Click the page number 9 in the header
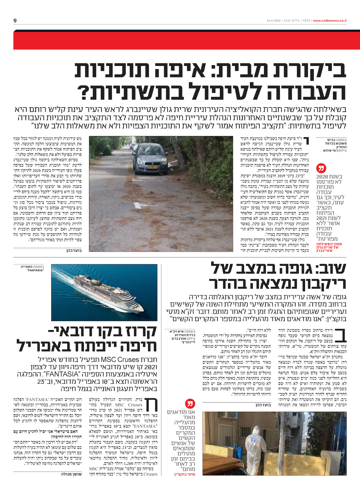click(x=15, y=21)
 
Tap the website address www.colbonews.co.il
click(x=330, y=21)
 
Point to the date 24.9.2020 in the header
click(x=273, y=21)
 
